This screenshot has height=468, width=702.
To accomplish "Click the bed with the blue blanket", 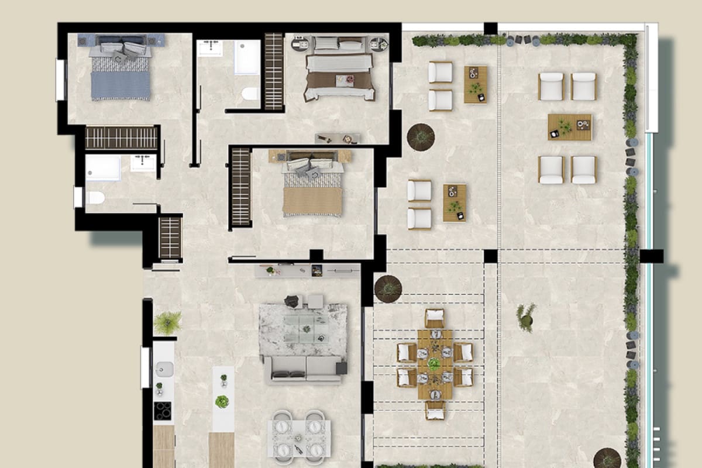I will pyautogui.click(x=121, y=73).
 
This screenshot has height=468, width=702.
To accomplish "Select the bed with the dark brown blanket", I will pyautogui.click(x=339, y=73).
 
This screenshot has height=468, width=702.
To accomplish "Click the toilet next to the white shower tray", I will pyautogui.click(x=250, y=94).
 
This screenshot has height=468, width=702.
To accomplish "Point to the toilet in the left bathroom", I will pyautogui.click(x=95, y=198).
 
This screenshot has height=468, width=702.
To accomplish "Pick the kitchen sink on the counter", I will pyautogui.click(x=164, y=369).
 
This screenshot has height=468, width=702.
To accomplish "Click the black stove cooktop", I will pyautogui.click(x=163, y=410).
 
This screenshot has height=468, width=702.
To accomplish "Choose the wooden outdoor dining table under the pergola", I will pyautogui.click(x=435, y=364).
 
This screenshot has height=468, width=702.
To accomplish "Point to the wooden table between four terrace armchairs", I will pyautogui.click(x=569, y=127).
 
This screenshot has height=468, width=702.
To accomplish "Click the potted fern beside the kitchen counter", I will pyautogui.click(x=168, y=322).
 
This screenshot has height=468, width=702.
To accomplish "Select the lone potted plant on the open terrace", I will pyautogui.click(x=526, y=316).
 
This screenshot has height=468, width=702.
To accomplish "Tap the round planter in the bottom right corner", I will pyautogui.click(x=607, y=458).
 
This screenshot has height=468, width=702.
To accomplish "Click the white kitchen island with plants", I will pyautogui.click(x=223, y=398).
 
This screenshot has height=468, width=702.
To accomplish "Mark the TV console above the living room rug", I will pyautogui.click(x=308, y=270).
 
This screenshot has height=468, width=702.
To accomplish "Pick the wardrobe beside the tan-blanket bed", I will pyautogui.click(x=241, y=187).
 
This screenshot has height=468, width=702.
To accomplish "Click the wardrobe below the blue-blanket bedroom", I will pyautogui.click(x=122, y=138).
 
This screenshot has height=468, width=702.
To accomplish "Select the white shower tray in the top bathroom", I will pyautogui.click(x=247, y=57).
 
